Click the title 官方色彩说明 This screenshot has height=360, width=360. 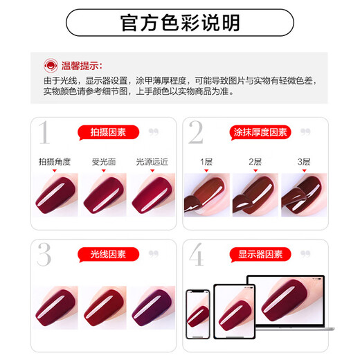pos(179,23)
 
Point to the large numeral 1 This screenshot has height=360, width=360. pos(44,133)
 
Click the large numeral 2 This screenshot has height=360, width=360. pos(195,133)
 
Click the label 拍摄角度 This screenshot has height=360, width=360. pos(55,161)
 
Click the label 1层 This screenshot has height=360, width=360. pos(206,161)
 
